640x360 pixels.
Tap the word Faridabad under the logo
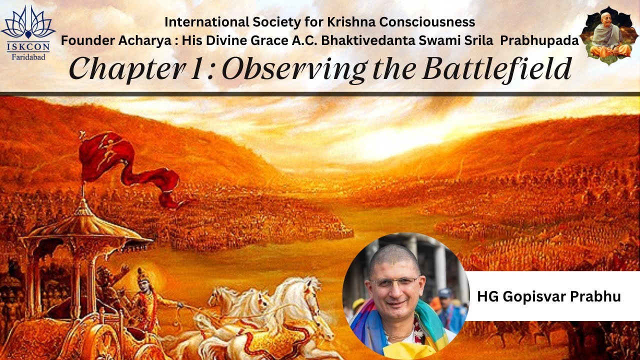coord(28,57)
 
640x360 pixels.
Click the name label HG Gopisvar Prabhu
coord(549,296)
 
